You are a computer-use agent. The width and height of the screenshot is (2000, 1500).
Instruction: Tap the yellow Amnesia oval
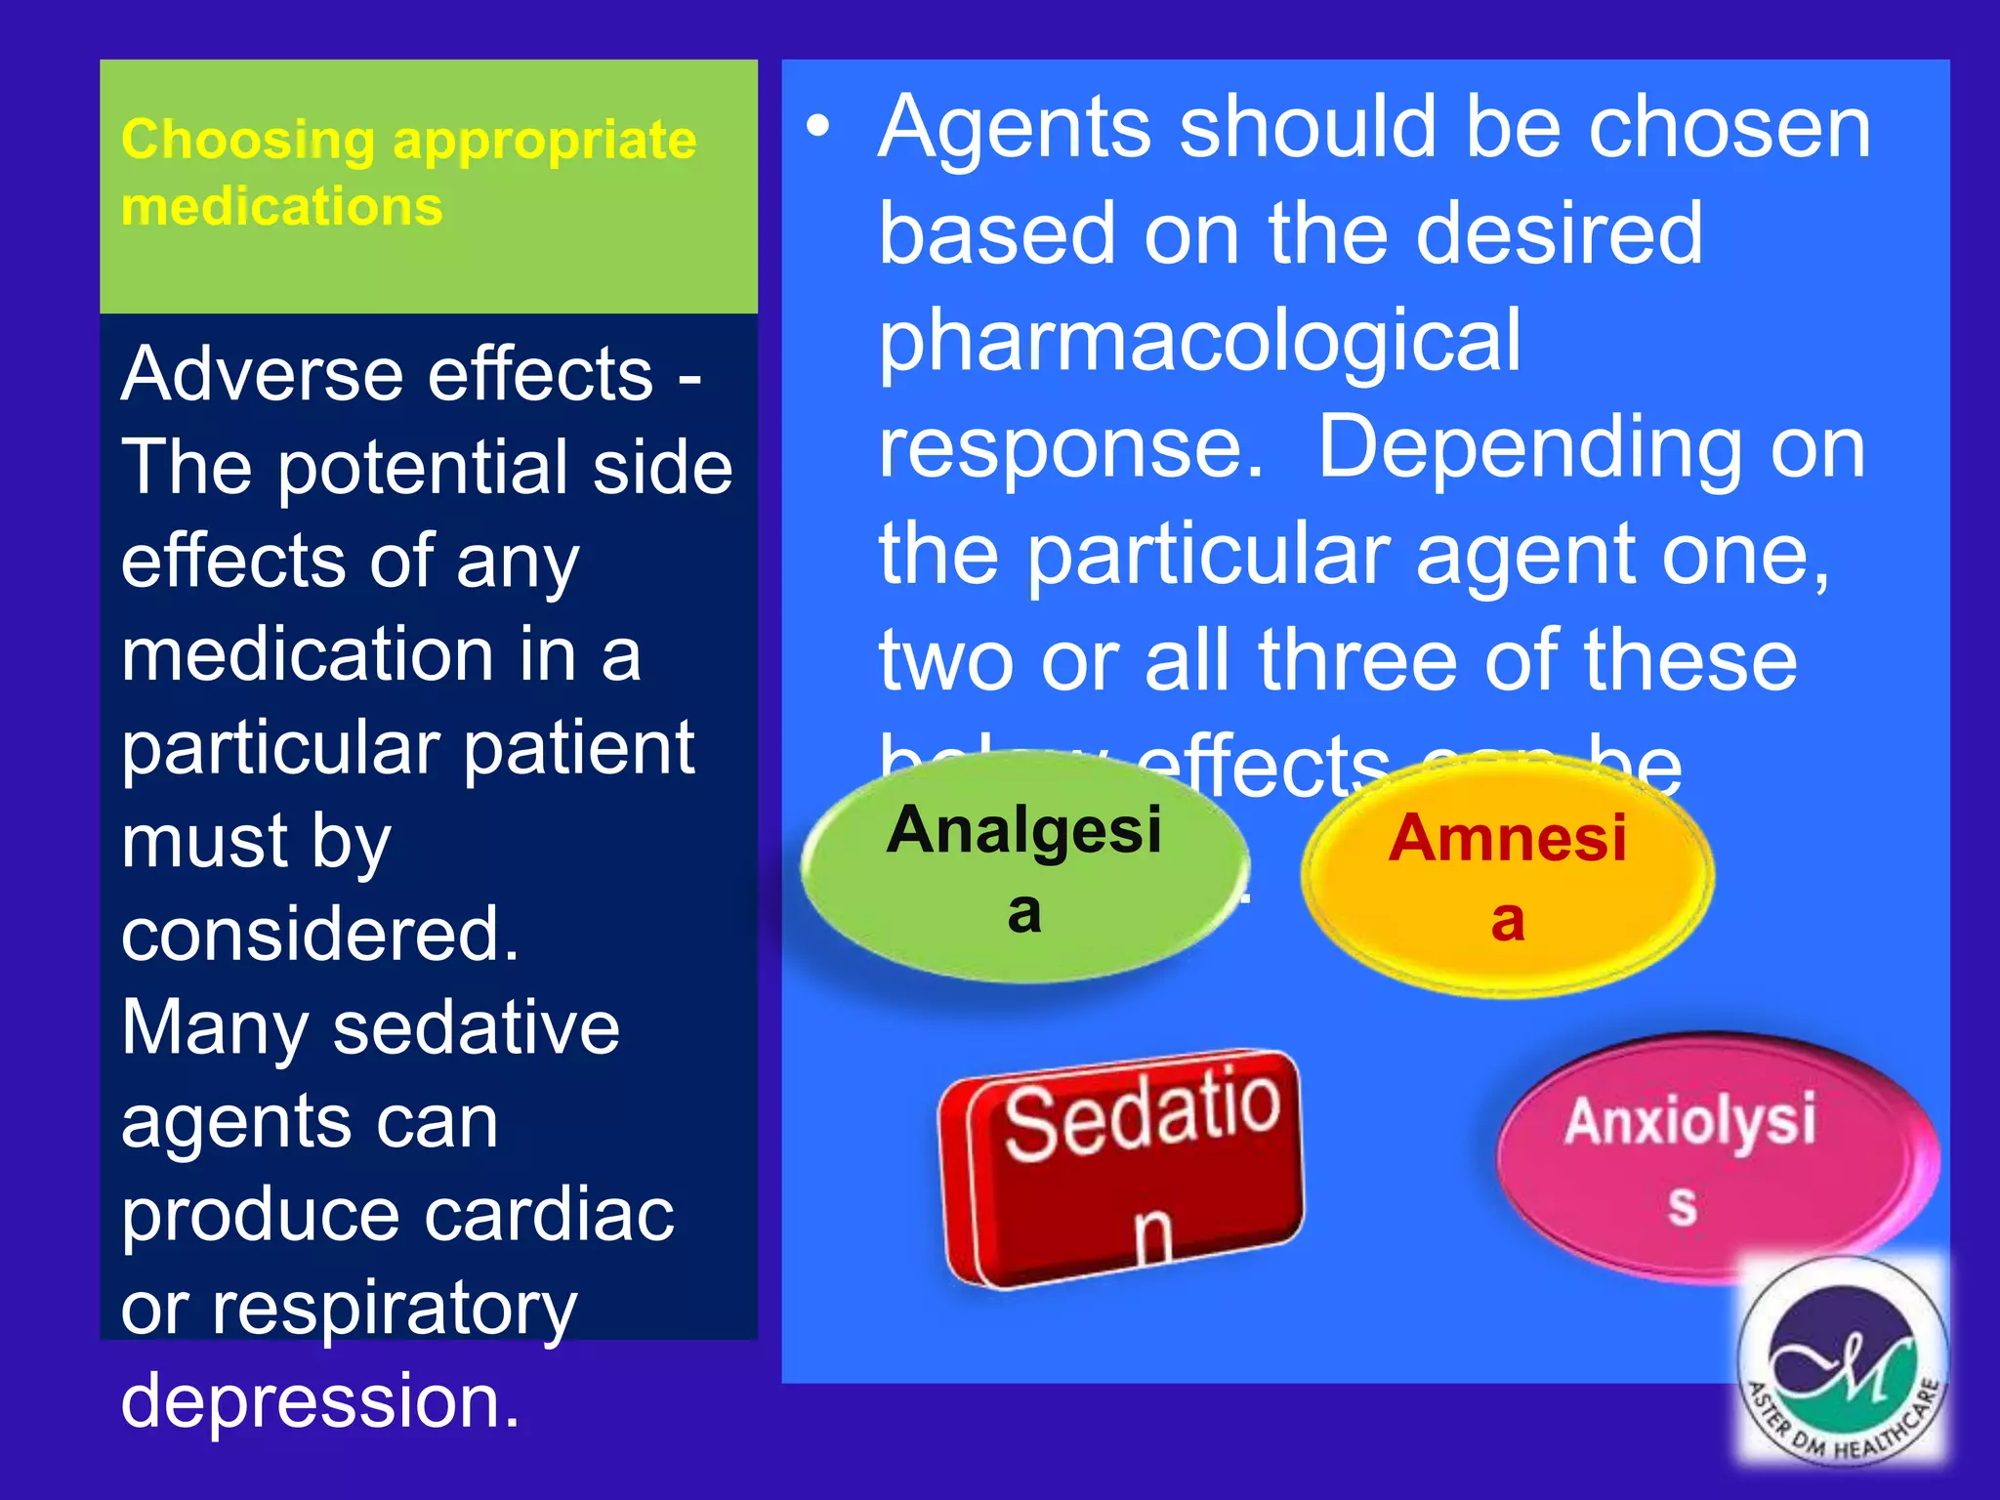(x=1507, y=877)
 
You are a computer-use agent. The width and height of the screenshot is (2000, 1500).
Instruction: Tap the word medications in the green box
(x=282, y=207)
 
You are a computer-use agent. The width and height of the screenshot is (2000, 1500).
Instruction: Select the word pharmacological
(x=1199, y=342)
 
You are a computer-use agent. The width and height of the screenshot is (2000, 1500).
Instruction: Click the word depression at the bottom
(x=320, y=1400)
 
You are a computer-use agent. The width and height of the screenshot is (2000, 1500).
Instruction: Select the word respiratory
(x=395, y=1309)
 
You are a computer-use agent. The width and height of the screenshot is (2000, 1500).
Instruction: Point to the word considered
(x=320, y=935)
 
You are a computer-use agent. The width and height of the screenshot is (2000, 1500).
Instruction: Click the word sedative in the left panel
(x=476, y=1028)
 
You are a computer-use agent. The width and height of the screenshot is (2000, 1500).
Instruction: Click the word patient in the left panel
(x=578, y=749)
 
